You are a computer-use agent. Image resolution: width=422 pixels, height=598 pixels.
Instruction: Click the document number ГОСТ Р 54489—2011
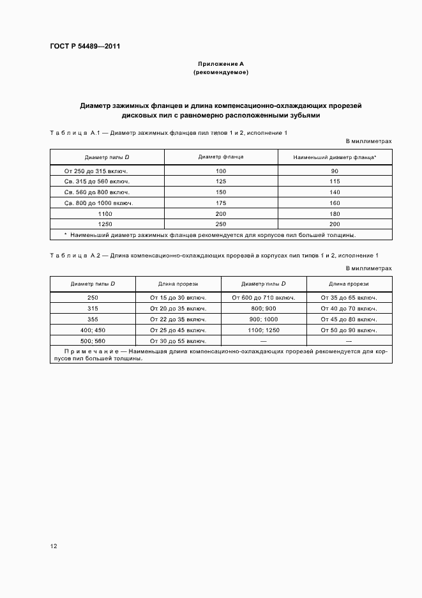tap(84, 47)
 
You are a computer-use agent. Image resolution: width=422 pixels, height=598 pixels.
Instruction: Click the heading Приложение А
tap(220, 64)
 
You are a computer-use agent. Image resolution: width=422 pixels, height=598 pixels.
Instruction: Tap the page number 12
tap(54, 546)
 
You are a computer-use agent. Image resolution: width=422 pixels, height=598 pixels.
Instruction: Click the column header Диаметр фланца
tap(221, 157)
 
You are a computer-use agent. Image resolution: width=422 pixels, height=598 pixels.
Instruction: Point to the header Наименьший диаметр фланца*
tap(335, 157)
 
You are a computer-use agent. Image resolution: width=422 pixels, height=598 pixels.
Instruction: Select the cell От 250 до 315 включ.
tap(96, 171)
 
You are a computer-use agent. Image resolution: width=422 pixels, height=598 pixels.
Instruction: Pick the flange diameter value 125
tap(221, 181)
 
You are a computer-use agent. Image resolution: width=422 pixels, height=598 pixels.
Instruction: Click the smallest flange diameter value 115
tap(335, 181)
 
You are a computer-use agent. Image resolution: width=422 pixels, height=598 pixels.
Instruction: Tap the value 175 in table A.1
tap(221, 203)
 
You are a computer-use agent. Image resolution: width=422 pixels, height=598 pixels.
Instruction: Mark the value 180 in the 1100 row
tap(335, 213)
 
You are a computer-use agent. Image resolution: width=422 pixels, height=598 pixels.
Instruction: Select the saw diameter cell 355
tap(93, 319)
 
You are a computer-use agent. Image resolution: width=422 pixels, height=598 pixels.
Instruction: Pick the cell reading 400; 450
tap(93, 330)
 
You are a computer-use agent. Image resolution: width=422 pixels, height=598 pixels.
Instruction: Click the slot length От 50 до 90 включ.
tap(349, 330)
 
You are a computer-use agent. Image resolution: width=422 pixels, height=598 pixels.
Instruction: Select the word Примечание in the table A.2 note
tap(86, 351)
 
